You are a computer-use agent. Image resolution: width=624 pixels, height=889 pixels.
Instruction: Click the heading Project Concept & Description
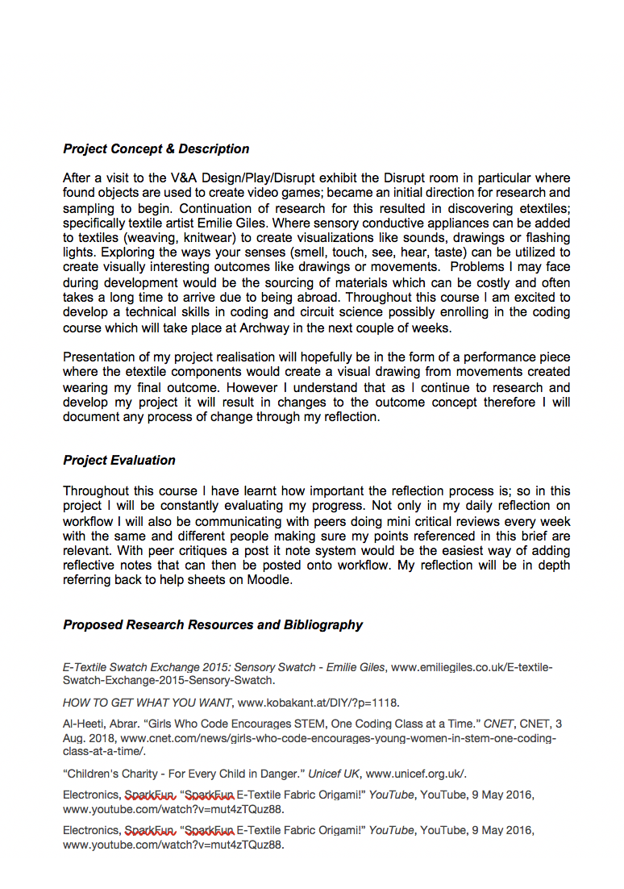click(x=156, y=148)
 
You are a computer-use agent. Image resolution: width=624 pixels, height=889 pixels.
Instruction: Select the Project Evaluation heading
click(x=119, y=460)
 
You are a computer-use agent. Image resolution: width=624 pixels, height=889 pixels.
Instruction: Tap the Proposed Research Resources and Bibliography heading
click(x=213, y=624)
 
